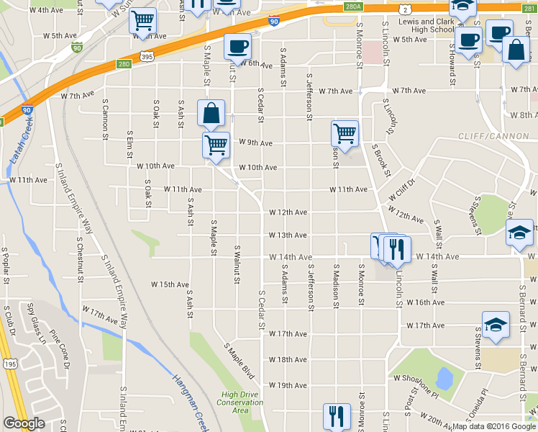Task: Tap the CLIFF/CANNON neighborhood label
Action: coord(488,136)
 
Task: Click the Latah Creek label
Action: coord(22,140)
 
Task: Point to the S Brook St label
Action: coord(381,160)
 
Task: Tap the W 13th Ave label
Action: coord(288,235)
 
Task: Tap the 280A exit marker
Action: coord(352,6)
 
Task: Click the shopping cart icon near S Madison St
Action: coord(345,133)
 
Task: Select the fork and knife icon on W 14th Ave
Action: coord(397,248)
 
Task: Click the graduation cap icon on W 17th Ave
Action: coord(495,325)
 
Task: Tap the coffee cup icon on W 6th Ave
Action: coord(237,46)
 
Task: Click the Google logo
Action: coord(24,423)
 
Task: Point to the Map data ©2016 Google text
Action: coord(493,426)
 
